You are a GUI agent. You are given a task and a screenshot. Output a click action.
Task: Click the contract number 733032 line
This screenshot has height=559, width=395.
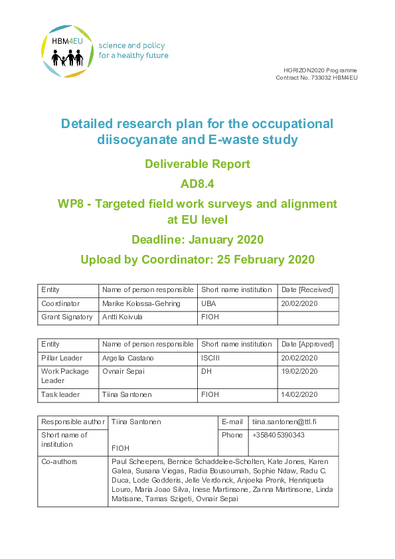click(316, 78)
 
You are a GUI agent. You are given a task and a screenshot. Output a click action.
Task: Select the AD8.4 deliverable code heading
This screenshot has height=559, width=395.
click(197, 185)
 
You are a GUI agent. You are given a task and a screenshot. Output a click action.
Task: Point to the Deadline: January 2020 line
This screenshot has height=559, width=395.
click(197, 240)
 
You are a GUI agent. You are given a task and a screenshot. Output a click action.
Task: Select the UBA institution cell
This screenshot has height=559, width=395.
click(208, 303)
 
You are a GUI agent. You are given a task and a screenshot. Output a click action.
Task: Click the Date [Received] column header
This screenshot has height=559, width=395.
click(307, 289)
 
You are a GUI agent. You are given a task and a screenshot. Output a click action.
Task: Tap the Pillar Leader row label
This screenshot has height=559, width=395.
click(61, 357)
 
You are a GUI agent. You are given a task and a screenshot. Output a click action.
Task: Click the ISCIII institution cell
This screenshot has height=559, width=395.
click(212, 357)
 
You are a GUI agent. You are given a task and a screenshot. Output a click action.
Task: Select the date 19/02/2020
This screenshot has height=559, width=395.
click(299, 371)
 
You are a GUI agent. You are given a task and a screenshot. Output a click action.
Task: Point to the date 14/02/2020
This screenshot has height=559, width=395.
click(299, 394)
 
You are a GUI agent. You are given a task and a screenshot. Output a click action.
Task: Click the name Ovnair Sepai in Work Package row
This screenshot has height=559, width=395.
click(125, 371)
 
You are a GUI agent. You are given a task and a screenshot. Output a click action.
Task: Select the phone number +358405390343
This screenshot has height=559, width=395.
click(279, 435)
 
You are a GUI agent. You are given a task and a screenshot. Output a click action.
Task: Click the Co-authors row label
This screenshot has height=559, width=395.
click(59, 461)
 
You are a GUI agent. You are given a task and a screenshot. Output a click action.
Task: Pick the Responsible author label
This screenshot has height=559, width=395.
click(73, 422)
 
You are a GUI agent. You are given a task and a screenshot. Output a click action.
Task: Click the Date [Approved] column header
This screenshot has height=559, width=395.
click(307, 344)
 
